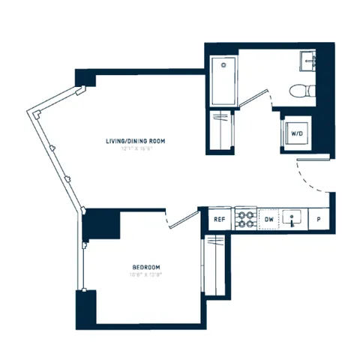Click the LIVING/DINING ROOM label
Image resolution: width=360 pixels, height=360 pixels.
click(132, 140)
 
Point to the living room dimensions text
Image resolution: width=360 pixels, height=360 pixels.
click(132, 148)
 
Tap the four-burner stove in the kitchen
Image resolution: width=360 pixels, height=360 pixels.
click(245, 219)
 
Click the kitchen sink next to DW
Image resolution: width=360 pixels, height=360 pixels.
click(294, 219)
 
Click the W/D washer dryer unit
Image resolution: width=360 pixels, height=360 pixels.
click(296, 134)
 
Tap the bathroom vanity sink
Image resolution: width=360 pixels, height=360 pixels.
click(307, 61)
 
